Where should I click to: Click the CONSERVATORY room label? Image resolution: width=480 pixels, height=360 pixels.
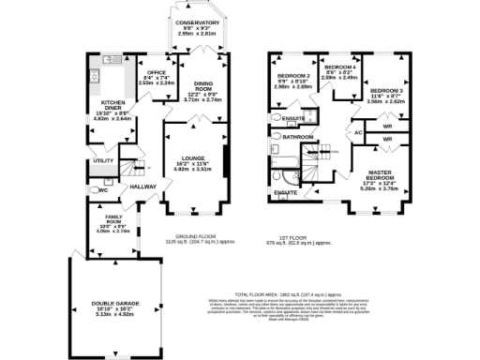pos(197,23)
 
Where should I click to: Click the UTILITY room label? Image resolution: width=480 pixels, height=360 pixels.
pos(103,160)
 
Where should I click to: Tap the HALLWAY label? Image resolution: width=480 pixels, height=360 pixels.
pos(143,187)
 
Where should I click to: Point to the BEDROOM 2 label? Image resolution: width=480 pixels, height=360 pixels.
pos(294,74)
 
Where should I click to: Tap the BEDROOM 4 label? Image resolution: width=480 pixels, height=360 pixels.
pos(340,68)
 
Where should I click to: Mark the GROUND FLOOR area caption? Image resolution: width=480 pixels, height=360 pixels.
pos(197,237)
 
